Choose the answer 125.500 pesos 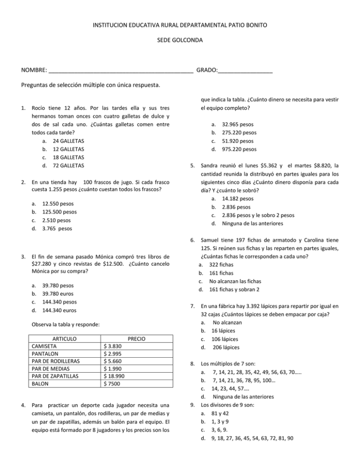click(x=60, y=212)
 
